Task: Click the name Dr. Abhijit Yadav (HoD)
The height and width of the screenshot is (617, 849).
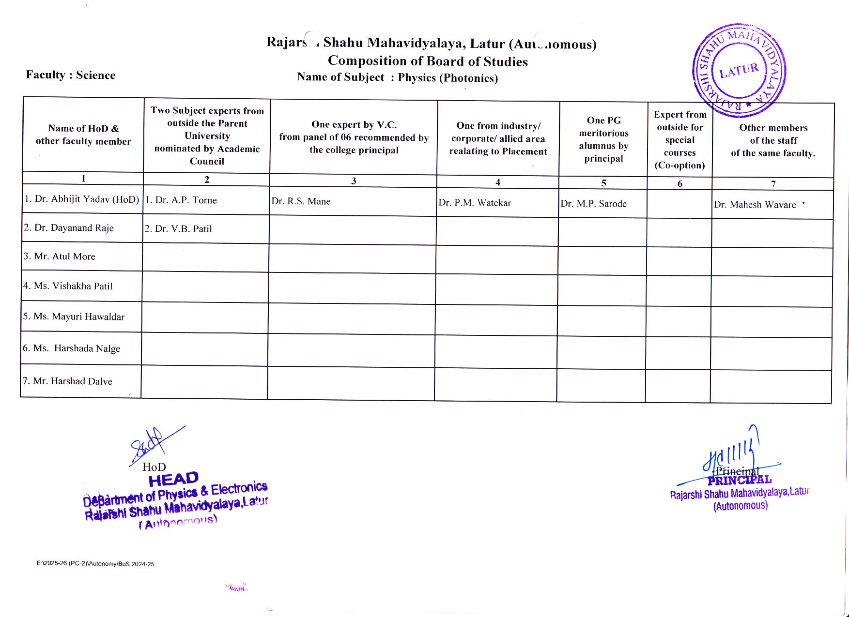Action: click(82, 199)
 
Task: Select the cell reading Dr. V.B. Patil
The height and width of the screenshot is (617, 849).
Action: click(178, 229)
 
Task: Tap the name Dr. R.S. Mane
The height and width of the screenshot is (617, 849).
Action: click(301, 201)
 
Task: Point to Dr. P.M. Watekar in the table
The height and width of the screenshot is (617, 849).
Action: click(475, 203)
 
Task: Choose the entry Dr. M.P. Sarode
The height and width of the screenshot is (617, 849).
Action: click(593, 204)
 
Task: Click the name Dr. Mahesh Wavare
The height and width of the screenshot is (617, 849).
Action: click(755, 205)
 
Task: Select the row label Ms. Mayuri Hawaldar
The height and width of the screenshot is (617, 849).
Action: click(74, 317)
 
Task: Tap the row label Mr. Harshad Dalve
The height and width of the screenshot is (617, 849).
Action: click(67, 381)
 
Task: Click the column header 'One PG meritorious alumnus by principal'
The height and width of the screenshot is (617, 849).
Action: click(603, 139)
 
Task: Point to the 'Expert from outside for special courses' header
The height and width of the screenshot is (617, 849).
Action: click(680, 140)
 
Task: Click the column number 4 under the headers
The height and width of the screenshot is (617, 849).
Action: click(497, 182)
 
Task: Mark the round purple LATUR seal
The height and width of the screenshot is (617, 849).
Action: click(739, 71)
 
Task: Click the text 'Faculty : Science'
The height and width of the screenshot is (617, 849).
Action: click(71, 75)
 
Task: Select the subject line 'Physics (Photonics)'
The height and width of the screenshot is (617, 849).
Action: click(448, 78)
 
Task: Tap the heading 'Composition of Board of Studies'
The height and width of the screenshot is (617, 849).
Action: click(428, 61)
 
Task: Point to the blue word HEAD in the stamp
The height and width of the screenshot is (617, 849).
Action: click(173, 479)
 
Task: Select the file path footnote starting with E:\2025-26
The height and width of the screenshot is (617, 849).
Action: click(95, 564)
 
